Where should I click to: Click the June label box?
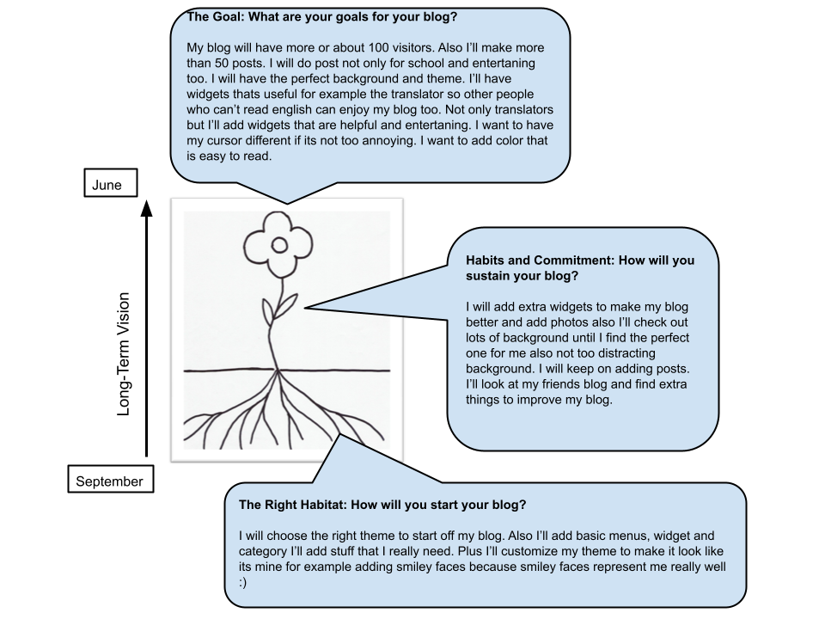111,182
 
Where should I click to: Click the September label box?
111,479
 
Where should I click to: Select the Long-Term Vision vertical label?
123,354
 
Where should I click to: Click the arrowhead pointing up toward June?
147,208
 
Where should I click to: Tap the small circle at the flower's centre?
278,245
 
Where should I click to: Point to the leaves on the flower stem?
278,310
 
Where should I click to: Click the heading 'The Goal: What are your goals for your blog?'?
322,17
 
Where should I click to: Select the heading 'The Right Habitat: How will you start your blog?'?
382,505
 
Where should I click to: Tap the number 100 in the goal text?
378,48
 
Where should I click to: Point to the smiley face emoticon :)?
242,582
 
